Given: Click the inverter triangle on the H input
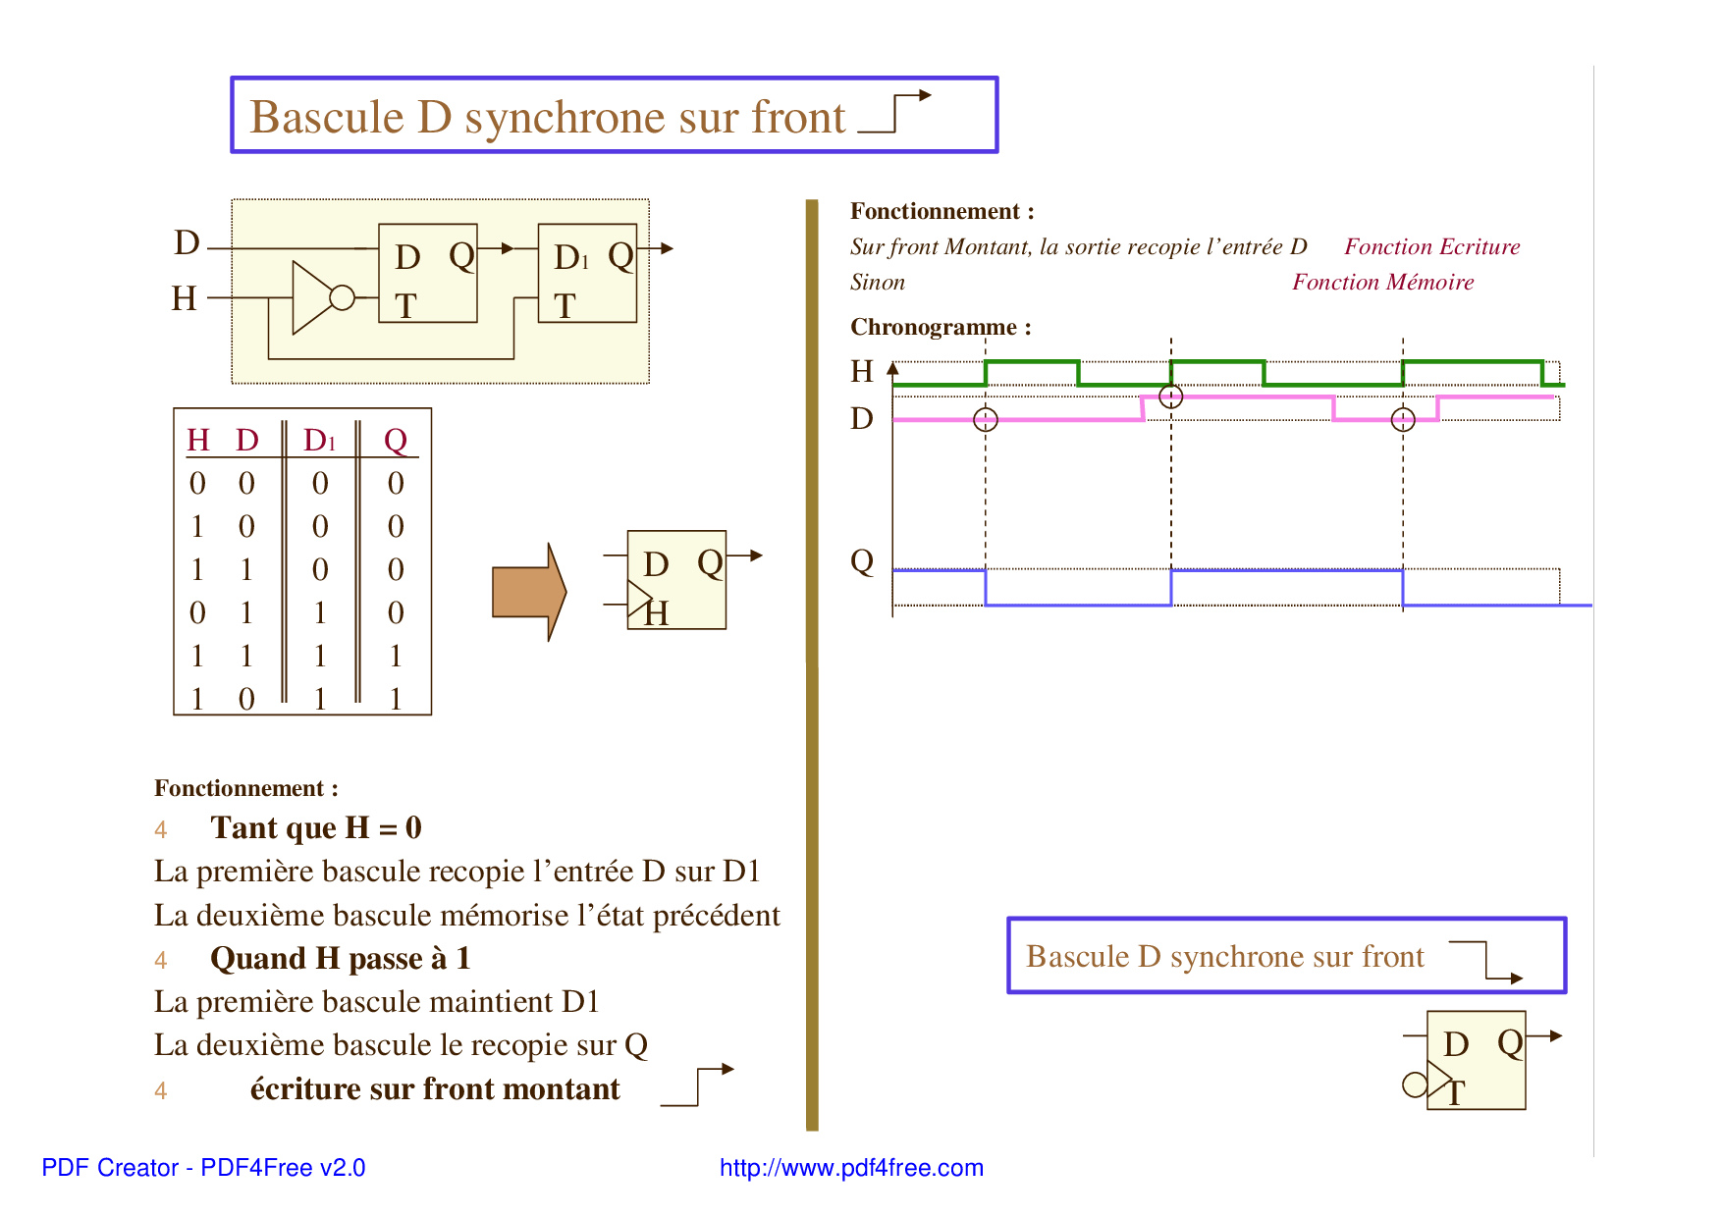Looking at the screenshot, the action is [x=313, y=297].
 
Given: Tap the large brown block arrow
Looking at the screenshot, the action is [x=529, y=592].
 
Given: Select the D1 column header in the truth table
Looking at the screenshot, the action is [x=320, y=440].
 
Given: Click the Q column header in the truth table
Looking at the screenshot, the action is [x=396, y=441].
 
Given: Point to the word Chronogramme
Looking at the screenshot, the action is [x=934, y=327].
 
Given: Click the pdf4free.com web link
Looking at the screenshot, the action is [x=851, y=1167].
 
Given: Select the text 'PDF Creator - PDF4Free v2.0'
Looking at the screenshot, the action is [x=203, y=1167].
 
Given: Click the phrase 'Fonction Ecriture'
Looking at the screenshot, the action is [x=1432, y=246].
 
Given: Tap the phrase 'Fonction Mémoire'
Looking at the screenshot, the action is [x=1383, y=282].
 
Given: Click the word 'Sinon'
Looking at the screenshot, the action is [x=878, y=282].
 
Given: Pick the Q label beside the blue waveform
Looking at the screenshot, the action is [x=862, y=561].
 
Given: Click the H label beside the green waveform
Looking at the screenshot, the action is [x=862, y=371].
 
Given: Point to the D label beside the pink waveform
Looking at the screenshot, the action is [x=862, y=418].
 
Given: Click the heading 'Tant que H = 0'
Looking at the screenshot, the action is [x=316, y=827].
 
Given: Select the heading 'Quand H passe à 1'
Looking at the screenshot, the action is [x=341, y=958].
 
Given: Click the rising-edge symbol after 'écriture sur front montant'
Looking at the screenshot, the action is [x=697, y=1086].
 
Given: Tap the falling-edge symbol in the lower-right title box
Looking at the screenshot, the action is [x=1486, y=961].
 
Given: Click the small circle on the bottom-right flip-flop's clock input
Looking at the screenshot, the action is [x=1416, y=1085].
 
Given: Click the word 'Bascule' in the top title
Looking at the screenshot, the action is [x=327, y=117].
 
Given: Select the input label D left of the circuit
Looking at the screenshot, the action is [x=187, y=242].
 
